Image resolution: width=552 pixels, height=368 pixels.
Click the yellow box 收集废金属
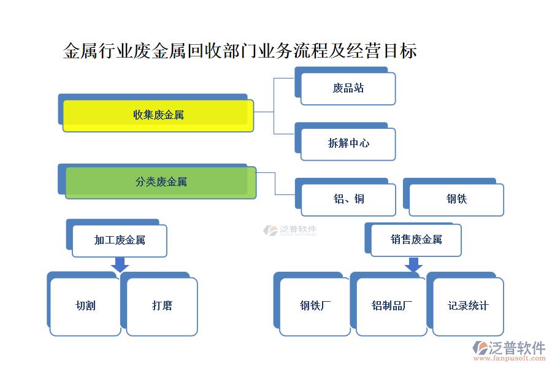click(x=158, y=115)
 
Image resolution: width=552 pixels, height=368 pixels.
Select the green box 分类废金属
click(x=161, y=182)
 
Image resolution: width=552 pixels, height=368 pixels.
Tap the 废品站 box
click(x=348, y=88)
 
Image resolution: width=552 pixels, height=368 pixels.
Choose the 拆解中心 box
click(x=348, y=144)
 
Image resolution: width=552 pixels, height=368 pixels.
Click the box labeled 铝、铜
click(x=348, y=199)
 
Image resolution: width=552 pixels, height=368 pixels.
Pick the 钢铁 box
click(x=456, y=199)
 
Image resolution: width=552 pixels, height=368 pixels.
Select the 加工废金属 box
click(x=120, y=240)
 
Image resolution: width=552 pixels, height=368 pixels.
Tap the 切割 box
click(x=85, y=306)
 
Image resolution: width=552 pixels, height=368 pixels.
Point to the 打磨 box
click(x=162, y=306)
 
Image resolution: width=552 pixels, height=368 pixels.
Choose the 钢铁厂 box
click(x=315, y=306)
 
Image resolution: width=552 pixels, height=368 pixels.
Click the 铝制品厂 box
click(x=391, y=306)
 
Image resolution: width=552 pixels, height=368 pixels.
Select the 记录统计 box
click(x=468, y=306)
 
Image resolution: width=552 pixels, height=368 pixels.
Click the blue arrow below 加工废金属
click(x=120, y=264)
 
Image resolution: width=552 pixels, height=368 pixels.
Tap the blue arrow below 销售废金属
click(x=414, y=264)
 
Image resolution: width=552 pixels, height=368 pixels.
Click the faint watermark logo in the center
click(x=289, y=231)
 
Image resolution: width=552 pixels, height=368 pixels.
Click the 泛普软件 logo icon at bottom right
click(x=480, y=348)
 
